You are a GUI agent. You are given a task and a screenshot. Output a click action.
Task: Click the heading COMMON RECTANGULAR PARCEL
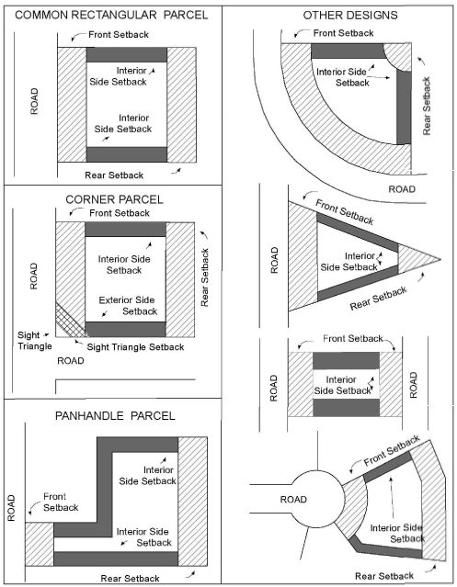coord(111,15)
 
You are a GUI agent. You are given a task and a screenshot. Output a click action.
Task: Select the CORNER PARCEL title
coord(114,199)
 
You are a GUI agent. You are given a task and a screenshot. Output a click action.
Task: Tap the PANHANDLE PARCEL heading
coord(115,415)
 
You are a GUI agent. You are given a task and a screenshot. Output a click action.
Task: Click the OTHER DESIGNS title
coord(350,16)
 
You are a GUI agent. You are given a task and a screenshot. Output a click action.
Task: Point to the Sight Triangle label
coord(34,340)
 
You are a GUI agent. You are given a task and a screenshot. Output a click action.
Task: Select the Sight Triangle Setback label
coord(135,347)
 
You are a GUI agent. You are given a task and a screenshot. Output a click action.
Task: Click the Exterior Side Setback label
coord(128,306)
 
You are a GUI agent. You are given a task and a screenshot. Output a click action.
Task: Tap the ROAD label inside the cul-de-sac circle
coord(293,500)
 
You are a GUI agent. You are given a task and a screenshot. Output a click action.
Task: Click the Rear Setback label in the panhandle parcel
coord(130,579)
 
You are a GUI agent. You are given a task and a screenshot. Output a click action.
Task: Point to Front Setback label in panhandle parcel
coord(61,502)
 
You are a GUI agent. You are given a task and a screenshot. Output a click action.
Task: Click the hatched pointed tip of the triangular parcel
coord(417,259)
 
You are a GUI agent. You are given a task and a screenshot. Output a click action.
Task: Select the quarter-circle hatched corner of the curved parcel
coord(398,56)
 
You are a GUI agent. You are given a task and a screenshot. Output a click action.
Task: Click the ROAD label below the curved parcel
coord(402,189)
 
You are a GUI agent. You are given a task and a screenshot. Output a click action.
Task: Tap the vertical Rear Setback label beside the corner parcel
coord(204,277)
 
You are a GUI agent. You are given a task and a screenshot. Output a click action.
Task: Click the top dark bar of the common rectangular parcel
coord(127,54)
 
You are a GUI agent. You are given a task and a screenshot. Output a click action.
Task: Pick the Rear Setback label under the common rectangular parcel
coord(114,175)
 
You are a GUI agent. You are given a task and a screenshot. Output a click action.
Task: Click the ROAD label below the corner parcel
coord(71,361)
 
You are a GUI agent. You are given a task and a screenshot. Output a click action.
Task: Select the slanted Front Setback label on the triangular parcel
coord(344,212)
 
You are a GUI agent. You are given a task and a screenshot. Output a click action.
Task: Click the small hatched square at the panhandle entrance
coord(40,544)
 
